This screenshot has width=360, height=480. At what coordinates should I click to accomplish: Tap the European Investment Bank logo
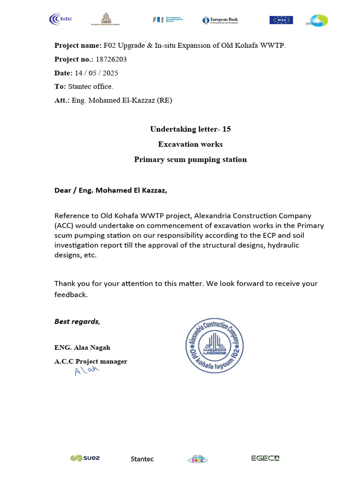[167, 20]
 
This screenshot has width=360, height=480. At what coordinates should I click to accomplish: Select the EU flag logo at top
[281, 20]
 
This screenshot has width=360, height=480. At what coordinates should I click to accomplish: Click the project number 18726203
[111, 60]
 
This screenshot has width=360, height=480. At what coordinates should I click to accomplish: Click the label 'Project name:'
[77, 45]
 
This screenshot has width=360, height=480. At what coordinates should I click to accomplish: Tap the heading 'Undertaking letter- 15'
[190, 129]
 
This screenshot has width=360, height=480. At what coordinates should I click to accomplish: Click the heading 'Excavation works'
[190, 144]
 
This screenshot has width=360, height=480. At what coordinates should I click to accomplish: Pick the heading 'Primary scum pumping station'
[190, 159]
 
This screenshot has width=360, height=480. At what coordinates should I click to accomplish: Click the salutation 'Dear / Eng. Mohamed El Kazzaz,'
[111, 191]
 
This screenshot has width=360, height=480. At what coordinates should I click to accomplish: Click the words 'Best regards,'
[77, 322]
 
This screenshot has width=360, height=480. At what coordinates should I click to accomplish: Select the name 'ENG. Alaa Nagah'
[82, 347]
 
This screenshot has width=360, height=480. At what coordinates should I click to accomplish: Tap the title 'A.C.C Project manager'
[91, 361]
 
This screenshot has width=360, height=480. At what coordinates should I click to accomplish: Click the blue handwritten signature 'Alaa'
[87, 371]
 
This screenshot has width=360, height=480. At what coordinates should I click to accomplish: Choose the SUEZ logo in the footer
[85, 458]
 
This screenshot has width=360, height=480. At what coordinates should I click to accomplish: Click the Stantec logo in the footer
[142, 459]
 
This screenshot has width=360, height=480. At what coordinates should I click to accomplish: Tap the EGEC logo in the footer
[265, 458]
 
